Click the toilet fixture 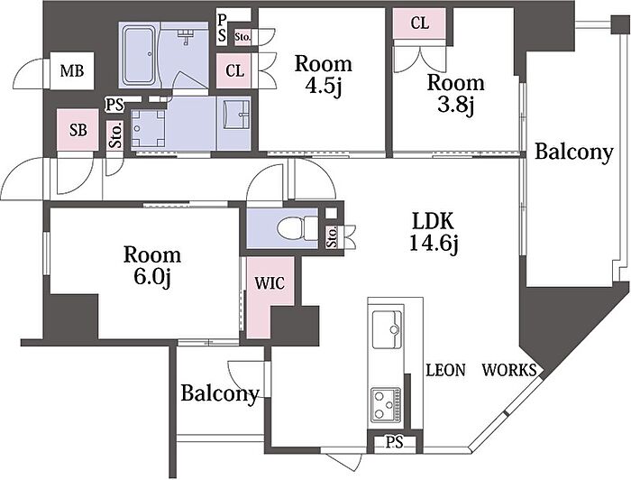tap(297, 228)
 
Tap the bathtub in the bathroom tap(139, 55)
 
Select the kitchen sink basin tap(387, 330)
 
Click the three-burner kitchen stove tap(387, 405)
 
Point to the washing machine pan tap(149, 129)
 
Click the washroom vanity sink tap(233, 113)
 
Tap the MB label tap(72, 71)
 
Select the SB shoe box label tap(78, 130)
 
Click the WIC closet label tap(270, 282)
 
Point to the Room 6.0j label tap(152, 266)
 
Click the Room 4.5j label tap(323, 75)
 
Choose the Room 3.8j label tap(455, 94)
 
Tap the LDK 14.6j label tap(434, 232)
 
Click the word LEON tap(446, 370)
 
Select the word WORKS tap(509, 370)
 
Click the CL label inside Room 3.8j tap(420, 23)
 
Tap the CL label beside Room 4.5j tap(234, 71)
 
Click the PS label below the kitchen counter tap(395, 442)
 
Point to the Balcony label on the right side tap(574, 153)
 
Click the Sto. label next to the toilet tap(333, 237)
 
